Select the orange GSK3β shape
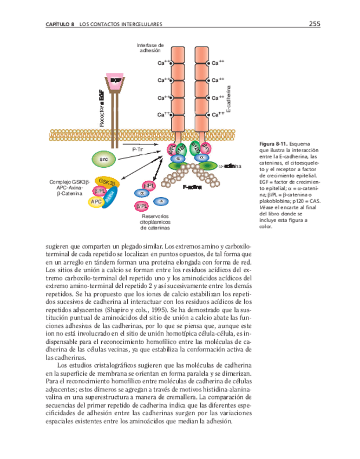[106, 182]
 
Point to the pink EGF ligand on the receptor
[114, 80]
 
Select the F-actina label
[192, 187]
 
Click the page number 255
[315, 24]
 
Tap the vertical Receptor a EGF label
[101, 109]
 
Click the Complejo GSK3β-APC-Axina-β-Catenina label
[69, 187]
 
